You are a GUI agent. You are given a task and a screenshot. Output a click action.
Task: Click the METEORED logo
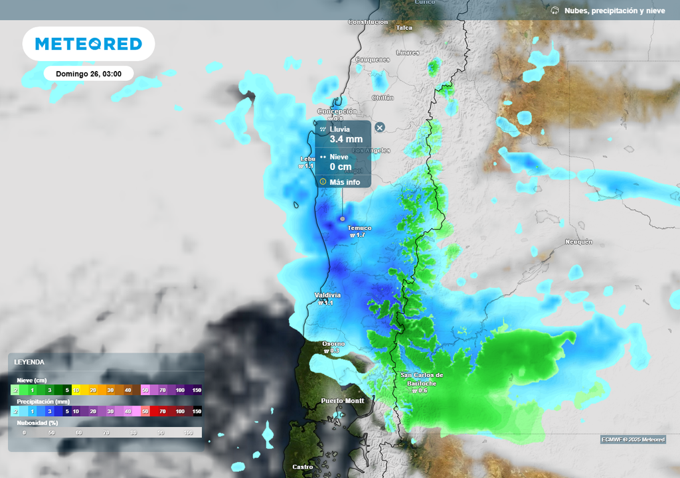tap(88, 44)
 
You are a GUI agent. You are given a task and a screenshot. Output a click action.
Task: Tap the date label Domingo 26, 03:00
tap(88, 74)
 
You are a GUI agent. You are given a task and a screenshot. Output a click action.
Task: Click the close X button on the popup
tap(379, 127)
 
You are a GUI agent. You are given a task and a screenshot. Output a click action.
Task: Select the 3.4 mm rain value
tap(346, 139)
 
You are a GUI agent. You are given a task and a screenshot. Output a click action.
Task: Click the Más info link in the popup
tap(345, 182)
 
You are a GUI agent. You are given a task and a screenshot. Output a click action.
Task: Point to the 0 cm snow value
tap(341, 167)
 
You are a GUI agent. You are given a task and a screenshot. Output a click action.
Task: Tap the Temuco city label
tap(359, 228)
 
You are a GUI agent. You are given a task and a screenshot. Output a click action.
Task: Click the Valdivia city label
tap(327, 295)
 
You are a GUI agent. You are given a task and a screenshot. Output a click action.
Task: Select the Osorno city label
tap(333, 343)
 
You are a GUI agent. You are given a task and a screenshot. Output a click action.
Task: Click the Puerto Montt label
tap(343, 401)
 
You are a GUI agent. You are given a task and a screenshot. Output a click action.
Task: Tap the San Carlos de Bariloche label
tap(422, 379)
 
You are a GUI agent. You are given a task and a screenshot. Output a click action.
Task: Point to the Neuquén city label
tap(578, 242)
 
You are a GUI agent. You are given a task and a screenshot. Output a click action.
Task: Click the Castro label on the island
tap(303, 467)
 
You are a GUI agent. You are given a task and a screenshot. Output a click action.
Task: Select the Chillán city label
tap(382, 98)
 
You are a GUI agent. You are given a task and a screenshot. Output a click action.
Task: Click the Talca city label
tap(404, 28)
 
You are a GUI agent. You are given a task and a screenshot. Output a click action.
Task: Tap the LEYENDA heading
tap(29, 362)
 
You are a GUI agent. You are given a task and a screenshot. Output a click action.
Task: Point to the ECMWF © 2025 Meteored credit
tap(632, 439)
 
